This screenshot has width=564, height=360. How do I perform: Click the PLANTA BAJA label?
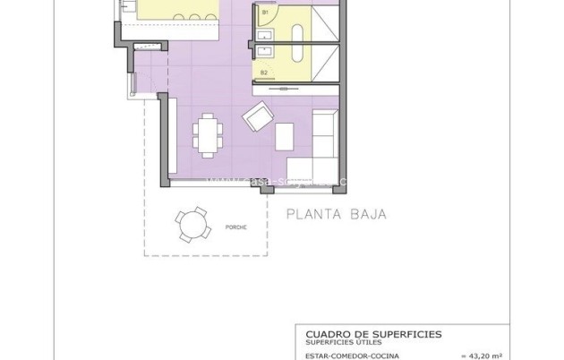(x=336, y=214)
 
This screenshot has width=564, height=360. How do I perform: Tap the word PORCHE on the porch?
(x=236, y=227)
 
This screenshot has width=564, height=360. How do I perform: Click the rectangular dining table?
(x=209, y=134)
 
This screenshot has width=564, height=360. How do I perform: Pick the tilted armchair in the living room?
(x=259, y=116)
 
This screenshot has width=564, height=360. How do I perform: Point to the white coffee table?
(x=284, y=135)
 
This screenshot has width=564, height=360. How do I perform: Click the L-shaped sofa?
(x=318, y=149)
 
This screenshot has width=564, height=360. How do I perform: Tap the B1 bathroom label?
(x=265, y=13)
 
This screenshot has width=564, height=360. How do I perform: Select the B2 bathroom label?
(x=264, y=72)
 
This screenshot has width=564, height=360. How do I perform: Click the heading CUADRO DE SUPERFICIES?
(x=368, y=333)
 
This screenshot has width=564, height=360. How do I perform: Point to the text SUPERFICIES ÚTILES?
(x=343, y=341)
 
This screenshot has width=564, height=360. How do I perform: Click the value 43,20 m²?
(x=489, y=356)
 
